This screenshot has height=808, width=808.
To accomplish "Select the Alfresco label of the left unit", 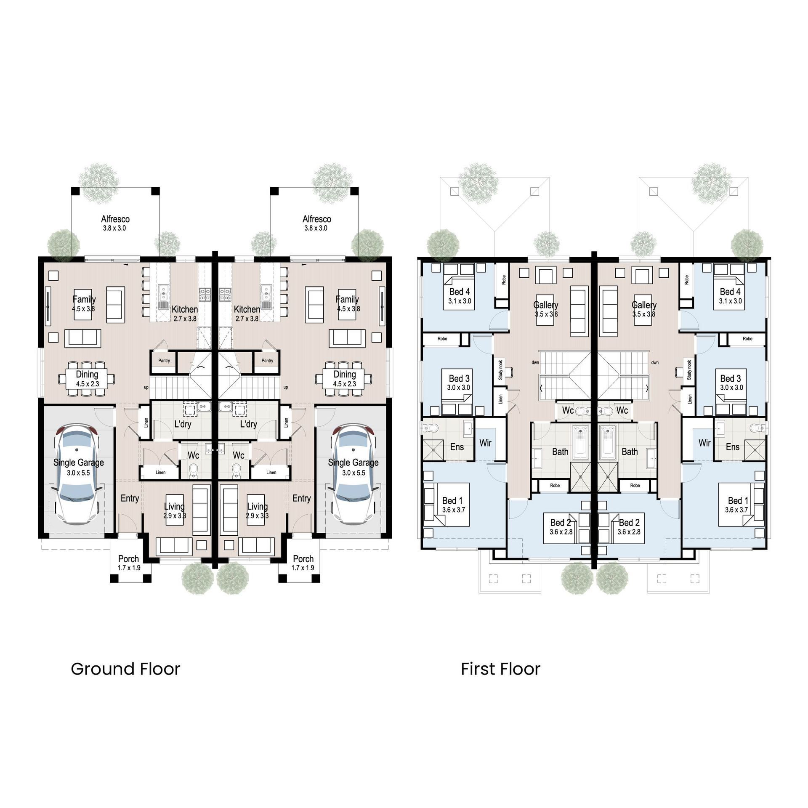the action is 115,219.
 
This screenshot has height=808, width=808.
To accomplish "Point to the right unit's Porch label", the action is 303,559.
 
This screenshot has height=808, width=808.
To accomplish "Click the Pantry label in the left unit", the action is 164,361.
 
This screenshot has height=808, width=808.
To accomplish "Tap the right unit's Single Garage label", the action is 353,462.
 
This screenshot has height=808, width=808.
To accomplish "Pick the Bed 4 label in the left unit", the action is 459,292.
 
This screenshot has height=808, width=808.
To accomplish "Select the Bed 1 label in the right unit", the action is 738,501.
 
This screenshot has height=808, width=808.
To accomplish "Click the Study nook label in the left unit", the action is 500,370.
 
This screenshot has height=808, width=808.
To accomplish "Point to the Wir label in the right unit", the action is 704,443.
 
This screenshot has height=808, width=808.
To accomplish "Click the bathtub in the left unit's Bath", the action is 582,442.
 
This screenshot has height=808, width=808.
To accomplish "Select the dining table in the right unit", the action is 344,379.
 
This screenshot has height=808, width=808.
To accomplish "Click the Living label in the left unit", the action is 174,507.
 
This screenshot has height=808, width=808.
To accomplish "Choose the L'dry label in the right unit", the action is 248,424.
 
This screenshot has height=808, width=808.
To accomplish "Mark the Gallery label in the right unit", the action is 644,305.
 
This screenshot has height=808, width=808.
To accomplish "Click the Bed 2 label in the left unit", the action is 561,523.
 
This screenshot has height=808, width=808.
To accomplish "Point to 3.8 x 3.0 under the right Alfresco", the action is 316,228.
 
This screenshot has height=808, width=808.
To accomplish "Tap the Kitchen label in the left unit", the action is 184,309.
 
